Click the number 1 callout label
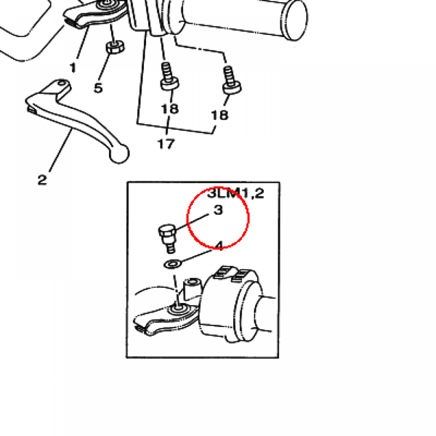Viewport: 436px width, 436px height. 73,68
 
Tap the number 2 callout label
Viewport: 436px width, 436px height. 42,180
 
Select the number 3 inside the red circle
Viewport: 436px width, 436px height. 218,210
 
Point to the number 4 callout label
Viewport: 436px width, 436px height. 220,246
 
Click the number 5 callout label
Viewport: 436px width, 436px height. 98,88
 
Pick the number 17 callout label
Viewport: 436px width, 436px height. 166,144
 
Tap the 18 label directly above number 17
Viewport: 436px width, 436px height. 169,109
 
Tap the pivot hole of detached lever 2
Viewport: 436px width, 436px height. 62,83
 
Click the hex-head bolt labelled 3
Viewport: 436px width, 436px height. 168,238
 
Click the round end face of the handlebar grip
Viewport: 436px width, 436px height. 295,20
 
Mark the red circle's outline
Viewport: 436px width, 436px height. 187,218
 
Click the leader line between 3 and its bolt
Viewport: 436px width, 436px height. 192,222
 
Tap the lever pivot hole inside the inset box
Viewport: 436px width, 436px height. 178,309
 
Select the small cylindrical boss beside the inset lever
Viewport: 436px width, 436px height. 192,289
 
